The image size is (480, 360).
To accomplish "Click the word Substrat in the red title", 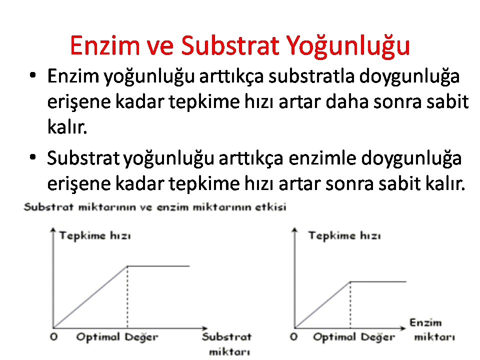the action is click(229, 45).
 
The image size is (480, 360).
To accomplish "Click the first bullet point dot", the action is click(33, 75).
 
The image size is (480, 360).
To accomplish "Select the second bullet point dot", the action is click(33, 157).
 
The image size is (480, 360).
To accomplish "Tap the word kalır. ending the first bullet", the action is click(67, 126).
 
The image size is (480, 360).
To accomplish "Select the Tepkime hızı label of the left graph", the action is click(95, 235).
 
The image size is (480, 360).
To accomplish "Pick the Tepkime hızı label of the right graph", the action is click(344, 235).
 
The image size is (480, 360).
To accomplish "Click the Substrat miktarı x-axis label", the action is click(227, 344).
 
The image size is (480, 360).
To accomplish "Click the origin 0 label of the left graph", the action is click(54, 336).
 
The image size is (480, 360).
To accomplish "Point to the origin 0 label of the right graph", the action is click(294, 336).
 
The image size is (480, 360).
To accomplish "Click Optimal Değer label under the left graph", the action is click(117, 337).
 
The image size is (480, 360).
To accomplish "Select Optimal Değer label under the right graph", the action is click(354, 337).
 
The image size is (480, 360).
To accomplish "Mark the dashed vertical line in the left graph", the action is click(127, 297).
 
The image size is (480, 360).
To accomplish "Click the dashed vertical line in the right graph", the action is click(350, 305).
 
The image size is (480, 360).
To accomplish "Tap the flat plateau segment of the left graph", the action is click(158, 266).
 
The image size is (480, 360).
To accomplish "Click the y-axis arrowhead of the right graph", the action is click(294, 229).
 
